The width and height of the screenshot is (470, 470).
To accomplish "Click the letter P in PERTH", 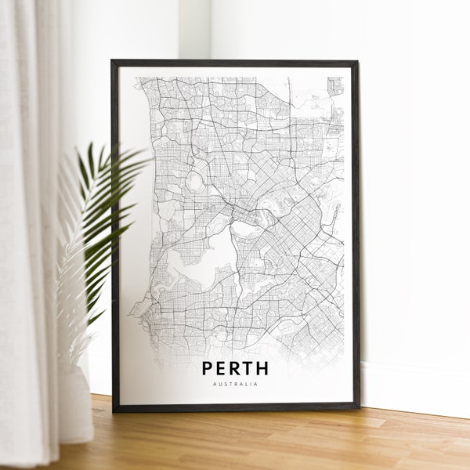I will pos(208,368).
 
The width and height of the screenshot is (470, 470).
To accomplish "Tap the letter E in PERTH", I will pos(222,368).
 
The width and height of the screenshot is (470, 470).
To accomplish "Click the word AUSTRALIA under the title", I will pos(235,384).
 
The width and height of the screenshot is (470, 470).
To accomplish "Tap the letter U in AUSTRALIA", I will pos(220,384).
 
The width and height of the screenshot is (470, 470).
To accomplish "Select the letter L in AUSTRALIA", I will pos(248,384).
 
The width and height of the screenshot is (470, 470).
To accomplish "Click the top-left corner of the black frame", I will pos(113,61).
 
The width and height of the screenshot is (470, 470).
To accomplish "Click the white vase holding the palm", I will pos(77,403).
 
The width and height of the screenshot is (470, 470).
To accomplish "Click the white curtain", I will pos(27,235).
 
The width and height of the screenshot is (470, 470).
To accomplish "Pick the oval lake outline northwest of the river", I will pos(193,182).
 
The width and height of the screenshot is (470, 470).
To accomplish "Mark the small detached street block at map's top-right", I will pos(335,85).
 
